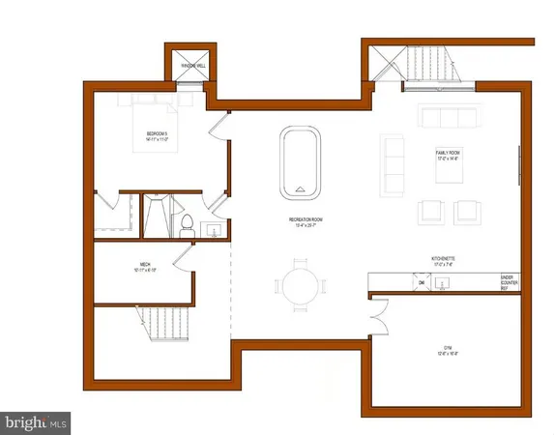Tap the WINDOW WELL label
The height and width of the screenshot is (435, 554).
tap(187, 67)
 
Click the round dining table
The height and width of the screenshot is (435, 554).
tap(296, 286)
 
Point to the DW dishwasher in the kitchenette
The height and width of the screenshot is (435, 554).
tap(421, 281)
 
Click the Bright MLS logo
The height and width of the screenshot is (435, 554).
tap(37, 422)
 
